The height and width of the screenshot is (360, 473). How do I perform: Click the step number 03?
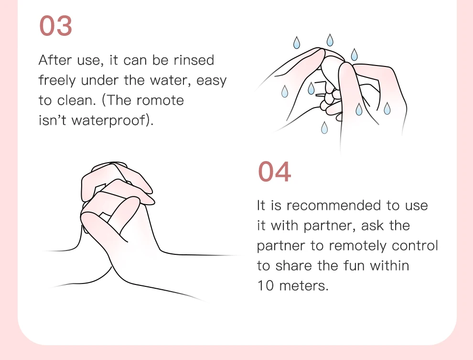[56, 26]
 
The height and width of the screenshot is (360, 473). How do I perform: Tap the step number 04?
[275, 172]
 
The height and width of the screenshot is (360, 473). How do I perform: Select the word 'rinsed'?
[194, 60]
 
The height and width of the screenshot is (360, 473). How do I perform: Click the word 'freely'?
[57, 81]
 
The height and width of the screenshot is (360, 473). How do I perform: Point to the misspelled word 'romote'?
[160, 100]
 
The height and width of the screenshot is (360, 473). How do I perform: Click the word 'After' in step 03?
[55, 60]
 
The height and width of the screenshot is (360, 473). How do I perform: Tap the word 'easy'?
[212, 81]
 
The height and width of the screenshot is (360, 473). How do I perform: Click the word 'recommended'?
[333, 206]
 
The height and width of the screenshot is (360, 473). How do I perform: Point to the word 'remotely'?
[357, 246]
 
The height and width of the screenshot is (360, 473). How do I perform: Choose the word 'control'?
[415, 246]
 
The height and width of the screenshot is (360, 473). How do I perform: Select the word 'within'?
[389, 266]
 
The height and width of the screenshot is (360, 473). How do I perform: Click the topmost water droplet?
[330, 40]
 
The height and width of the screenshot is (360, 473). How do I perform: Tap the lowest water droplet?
[324, 128]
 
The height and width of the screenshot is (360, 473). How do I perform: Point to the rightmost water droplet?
[387, 109]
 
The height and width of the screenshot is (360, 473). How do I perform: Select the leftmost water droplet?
[284, 91]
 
